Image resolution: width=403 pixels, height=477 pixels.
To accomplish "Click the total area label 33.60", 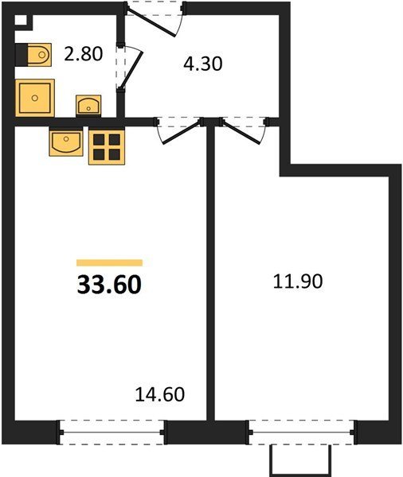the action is [109, 285].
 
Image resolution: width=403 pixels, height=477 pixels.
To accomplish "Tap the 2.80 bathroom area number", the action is [83, 53].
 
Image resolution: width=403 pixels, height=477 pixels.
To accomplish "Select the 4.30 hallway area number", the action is [203, 64].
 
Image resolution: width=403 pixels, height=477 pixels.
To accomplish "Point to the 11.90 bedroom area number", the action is [298, 281].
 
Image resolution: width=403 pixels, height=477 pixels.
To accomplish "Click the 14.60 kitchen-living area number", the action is [160, 394].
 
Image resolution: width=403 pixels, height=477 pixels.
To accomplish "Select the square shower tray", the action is [35, 98].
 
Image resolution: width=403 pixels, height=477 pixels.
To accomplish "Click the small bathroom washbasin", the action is [88, 106].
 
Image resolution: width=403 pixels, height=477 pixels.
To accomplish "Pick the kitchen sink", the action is [66, 142].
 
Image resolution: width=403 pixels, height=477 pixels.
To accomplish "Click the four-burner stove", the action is [107, 147].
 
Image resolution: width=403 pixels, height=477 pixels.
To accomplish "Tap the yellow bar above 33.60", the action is [109, 262].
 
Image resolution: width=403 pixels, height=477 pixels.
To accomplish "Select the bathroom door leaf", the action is [131, 70].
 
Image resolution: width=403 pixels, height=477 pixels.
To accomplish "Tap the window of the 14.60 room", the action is [112, 432].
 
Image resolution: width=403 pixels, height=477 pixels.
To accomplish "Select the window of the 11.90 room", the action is [302, 432].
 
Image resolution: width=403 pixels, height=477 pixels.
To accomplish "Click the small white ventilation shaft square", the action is [21, 20].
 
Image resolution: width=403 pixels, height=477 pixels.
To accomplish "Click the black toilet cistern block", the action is [22, 55].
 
